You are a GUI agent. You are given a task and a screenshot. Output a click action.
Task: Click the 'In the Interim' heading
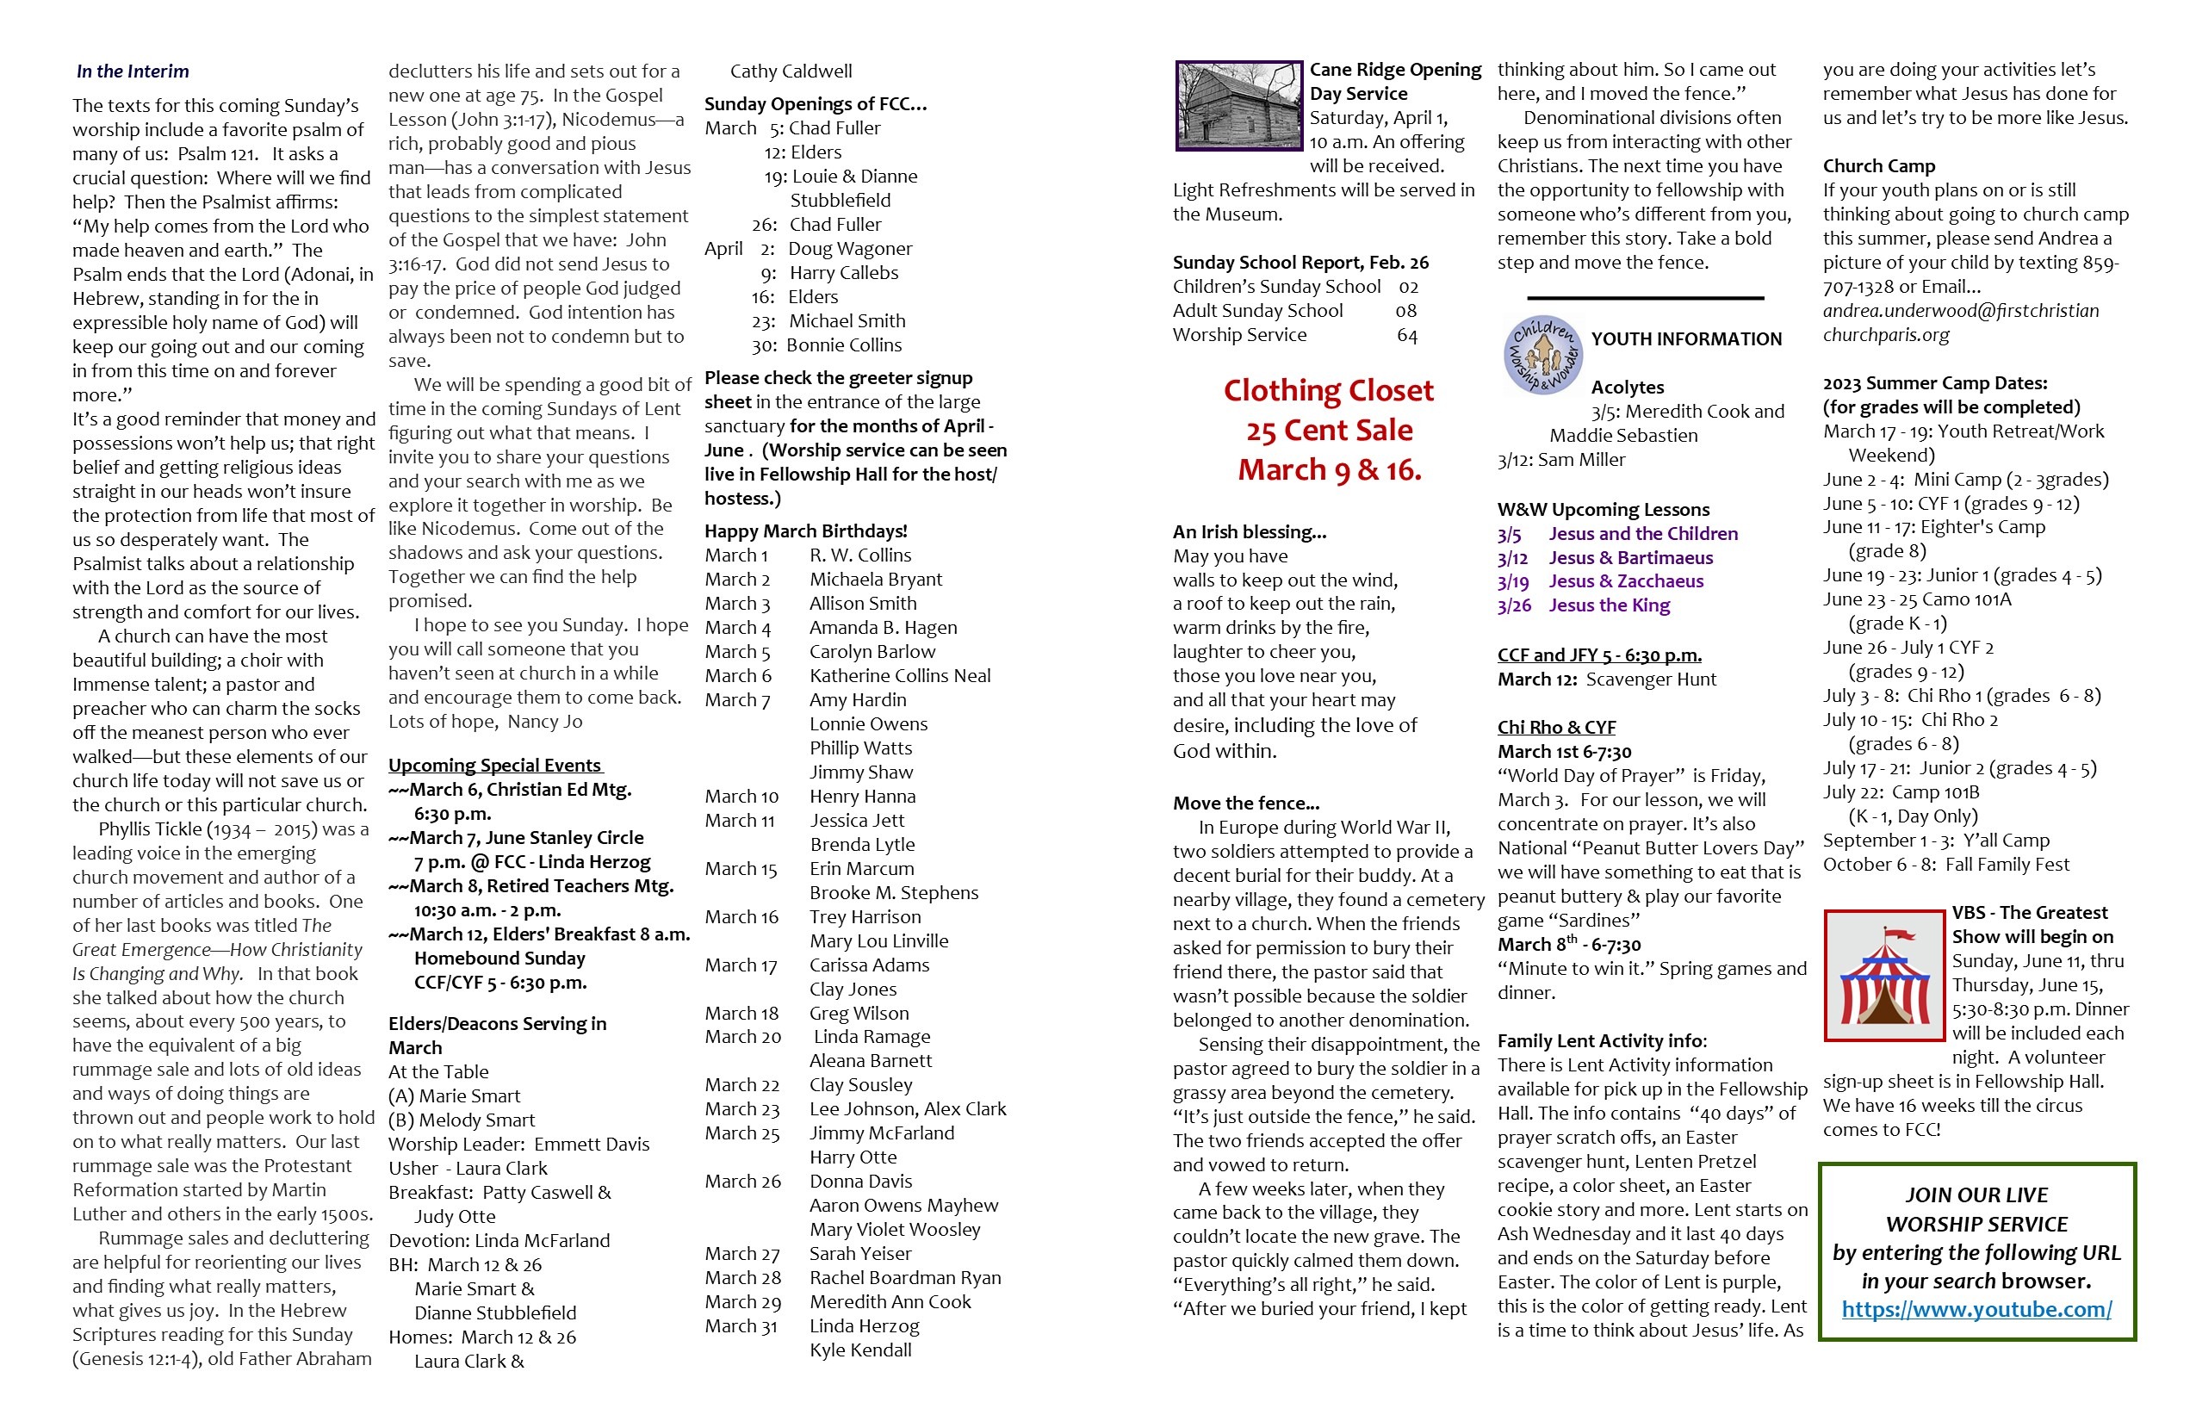(x=132, y=71)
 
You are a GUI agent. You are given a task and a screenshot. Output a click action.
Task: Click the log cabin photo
(x=1238, y=105)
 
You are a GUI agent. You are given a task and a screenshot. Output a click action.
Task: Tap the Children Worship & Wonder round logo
(x=1542, y=355)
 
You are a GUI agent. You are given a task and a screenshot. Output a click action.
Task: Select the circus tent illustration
(x=1884, y=977)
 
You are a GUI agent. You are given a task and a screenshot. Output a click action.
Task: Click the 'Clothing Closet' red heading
(x=1328, y=390)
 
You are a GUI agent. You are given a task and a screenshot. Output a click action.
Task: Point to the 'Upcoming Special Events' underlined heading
(x=494, y=765)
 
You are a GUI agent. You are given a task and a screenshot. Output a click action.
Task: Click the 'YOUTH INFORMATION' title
(x=1686, y=338)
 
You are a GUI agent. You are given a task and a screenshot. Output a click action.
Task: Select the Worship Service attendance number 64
(x=1406, y=335)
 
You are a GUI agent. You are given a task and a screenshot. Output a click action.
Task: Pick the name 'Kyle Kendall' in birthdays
(x=860, y=1350)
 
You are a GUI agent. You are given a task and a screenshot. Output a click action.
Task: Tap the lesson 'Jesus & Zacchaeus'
(x=1626, y=581)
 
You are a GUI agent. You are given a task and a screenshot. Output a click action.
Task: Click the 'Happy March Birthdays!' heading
(x=805, y=531)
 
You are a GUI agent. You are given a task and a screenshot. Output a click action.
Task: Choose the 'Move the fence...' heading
(x=1245, y=803)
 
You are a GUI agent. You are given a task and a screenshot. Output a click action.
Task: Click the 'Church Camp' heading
(x=1878, y=166)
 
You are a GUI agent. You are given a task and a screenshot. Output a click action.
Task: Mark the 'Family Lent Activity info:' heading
(x=1602, y=1041)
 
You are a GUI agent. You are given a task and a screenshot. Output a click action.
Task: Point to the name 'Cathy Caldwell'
(x=791, y=71)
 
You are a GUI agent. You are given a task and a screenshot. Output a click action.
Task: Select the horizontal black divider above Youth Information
(x=1645, y=298)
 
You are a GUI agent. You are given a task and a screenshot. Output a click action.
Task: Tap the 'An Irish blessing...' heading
(x=1250, y=531)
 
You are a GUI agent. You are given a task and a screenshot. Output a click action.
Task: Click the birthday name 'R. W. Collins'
(x=860, y=555)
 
